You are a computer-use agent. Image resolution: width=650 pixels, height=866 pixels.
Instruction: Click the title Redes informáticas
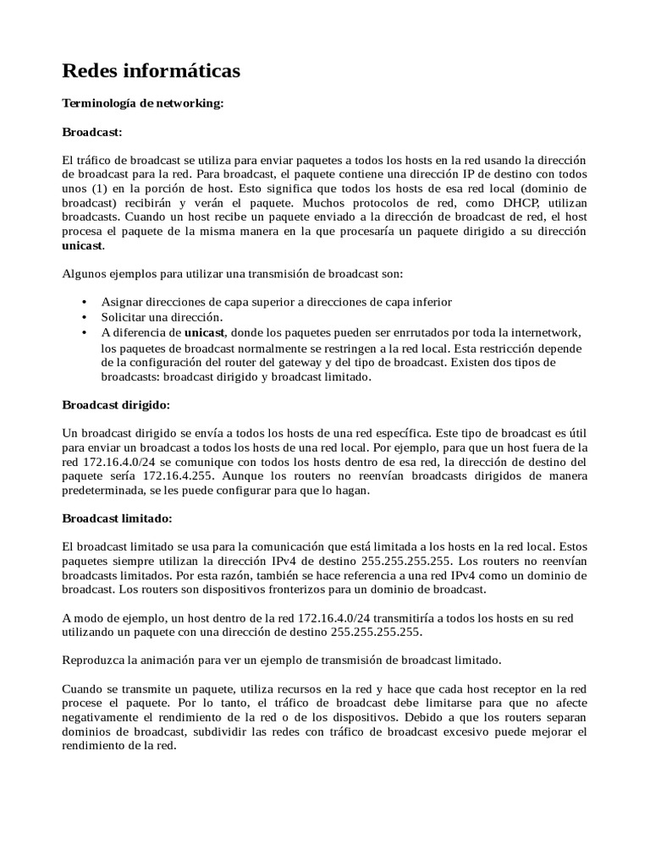click(151, 72)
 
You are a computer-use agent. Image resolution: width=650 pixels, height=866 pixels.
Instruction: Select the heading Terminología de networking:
click(143, 103)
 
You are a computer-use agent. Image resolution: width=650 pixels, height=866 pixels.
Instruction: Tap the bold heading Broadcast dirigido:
click(117, 404)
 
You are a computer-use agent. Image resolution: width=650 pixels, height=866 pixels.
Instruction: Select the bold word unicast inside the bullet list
click(205, 332)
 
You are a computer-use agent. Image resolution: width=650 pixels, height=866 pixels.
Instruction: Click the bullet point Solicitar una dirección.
click(162, 317)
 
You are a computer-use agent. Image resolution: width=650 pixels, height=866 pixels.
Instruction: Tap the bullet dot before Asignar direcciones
click(83, 302)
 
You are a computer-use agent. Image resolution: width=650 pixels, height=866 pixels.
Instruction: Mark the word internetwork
click(547, 332)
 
